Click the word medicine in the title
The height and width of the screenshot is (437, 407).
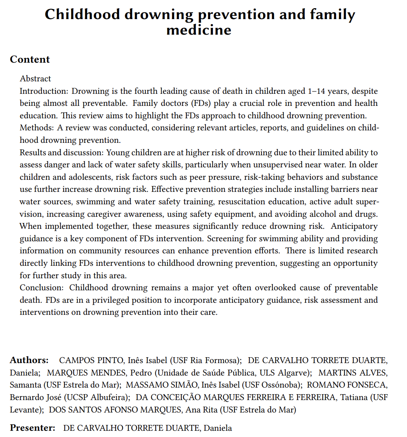point(199,30)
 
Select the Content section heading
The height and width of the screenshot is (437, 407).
point(30,60)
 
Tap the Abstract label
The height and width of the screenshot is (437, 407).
point(35,79)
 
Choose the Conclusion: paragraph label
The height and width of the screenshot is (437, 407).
point(42,288)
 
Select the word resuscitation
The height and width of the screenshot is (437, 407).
point(242,202)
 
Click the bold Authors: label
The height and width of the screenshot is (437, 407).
point(29,360)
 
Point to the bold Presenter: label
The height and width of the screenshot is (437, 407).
point(33,428)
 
